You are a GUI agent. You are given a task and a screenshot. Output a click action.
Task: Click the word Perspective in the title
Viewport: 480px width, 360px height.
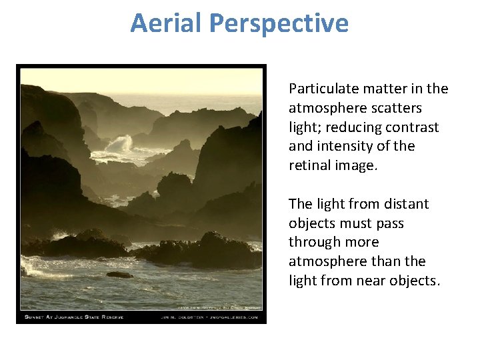pyautogui.click(x=278, y=23)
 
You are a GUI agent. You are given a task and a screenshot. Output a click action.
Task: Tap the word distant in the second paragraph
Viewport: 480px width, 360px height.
pyautogui.click(x=405, y=204)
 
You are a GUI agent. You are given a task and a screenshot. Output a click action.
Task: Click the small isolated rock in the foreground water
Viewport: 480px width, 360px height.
pyautogui.click(x=119, y=274)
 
